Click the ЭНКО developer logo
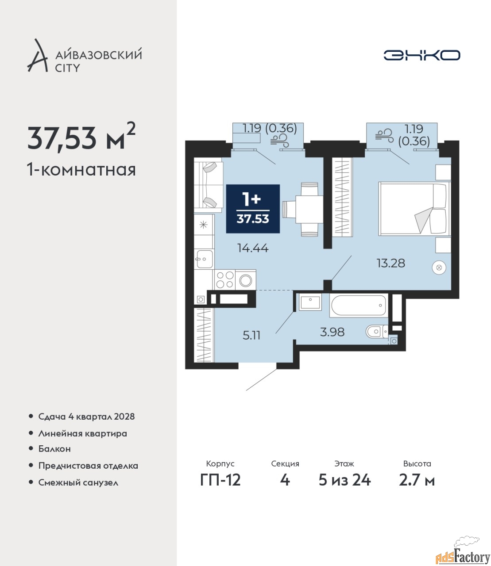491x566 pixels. click(421, 55)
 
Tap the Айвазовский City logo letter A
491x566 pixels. click(38, 56)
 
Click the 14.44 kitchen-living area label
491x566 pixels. click(253, 248)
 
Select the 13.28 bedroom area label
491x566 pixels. click(390, 263)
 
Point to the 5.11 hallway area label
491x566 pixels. click(251, 335)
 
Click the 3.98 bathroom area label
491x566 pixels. click(332, 332)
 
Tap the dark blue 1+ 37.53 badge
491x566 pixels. click(253, 209)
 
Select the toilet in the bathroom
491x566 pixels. click(377, 332)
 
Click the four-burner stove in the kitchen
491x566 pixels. click(225, 279)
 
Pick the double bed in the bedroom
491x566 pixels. click(415, 209)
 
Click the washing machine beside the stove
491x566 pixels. click(245, 280)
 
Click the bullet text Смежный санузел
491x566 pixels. click(78, 482)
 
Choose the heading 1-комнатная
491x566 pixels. click(81, 170)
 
